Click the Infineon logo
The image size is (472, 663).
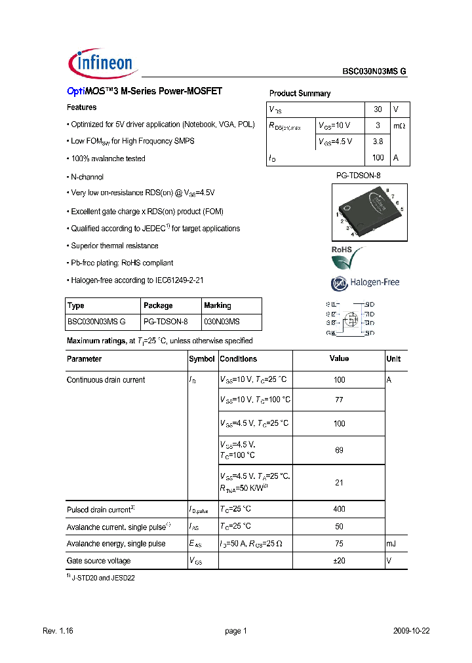pyautogui.click(x=101, y=64)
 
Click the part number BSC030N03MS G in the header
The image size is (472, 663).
pyautogui.click(x=374, y=73)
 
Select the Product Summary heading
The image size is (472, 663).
pyautogui.click(x=300, y=94)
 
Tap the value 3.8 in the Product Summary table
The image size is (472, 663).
pyautogui.click(x=378, y=142)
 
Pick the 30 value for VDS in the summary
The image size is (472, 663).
pyautogui.click(x=378, y=109)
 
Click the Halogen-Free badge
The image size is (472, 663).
pyautogui.click(x=365, y=283)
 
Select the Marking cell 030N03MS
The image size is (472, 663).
pyautogui.click(x=222, y=322)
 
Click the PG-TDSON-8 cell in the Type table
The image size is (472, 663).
pyautogui.click(x=165, y=322)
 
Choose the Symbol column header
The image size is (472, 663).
pyautogui.click(x=202, y=359)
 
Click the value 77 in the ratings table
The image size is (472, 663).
pyautogui.click(x=339, y=400)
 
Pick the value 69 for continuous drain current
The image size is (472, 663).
pyautogui.click(x=339, y=450)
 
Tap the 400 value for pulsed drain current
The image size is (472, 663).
pyautogui.click(x=339, y=509)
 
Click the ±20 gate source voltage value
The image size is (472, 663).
pyautogui.click(x=339, y=561)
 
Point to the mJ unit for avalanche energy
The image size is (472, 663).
pyautogui.click(x=392, y=544)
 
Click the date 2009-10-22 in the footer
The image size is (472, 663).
pyautogui.click(x=411, y=631)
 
